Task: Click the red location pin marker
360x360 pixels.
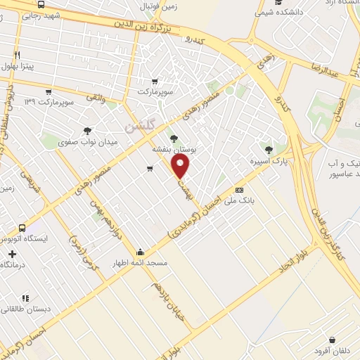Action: click(x=181, y=167)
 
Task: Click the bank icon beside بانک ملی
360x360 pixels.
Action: click(x=240, y=190)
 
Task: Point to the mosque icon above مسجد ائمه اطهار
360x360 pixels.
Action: click(x=141, y=252)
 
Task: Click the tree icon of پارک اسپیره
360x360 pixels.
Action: click(x=268, y=149)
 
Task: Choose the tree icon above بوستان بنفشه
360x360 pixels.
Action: click(x=174, y=139)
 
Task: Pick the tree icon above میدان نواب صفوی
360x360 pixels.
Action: click(x=87, y=131)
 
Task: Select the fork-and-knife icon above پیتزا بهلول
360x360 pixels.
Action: click(x=17, y=54)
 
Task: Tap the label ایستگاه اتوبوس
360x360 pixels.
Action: click(x=23, y=239)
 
